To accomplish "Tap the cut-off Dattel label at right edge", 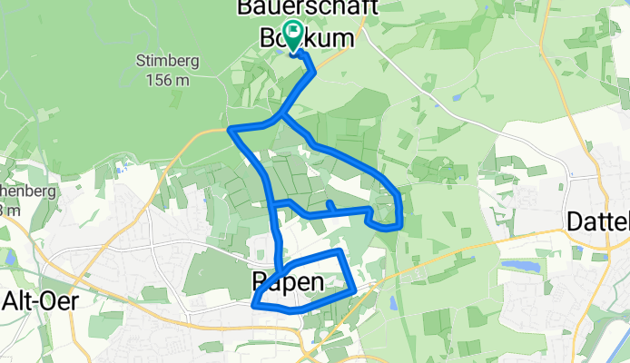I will click(598, 221).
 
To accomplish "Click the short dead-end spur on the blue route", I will click(330, 204).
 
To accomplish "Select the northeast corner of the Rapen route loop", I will click(340, 251).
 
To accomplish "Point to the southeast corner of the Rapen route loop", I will click(352, 290).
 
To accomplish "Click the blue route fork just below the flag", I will click(282, 115).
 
